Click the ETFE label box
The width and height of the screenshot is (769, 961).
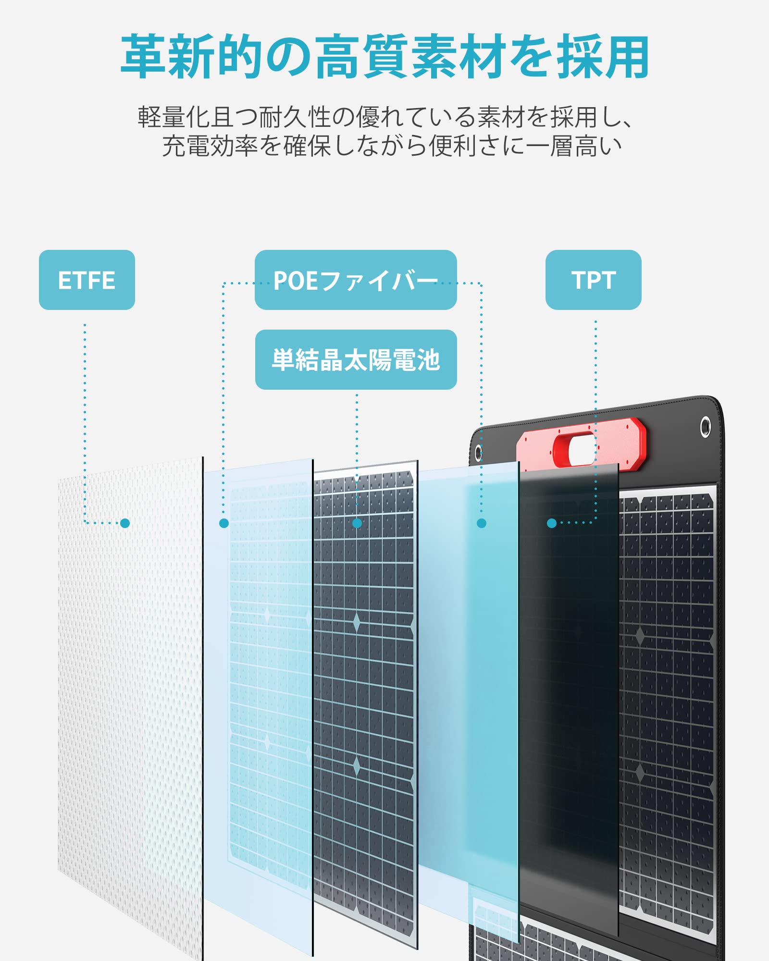click(87, 280)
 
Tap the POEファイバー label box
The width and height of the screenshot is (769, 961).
click(356, 280)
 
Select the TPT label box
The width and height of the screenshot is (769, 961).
click(593, 280)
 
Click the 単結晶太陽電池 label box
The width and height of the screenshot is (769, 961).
click(356, 359)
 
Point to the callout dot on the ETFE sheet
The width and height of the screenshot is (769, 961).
click(125, 523)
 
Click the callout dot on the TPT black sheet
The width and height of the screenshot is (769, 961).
click(552, 523)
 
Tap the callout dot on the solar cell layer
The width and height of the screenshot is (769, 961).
click(357, 523)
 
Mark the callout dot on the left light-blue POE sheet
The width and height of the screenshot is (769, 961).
click(224, 523)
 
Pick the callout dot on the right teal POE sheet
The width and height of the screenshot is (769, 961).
click(482, 523)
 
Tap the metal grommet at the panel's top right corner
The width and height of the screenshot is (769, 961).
click(705, 426)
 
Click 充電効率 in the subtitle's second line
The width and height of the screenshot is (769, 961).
click(210, 146)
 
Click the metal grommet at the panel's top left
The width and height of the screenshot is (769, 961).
click(478, 452)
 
